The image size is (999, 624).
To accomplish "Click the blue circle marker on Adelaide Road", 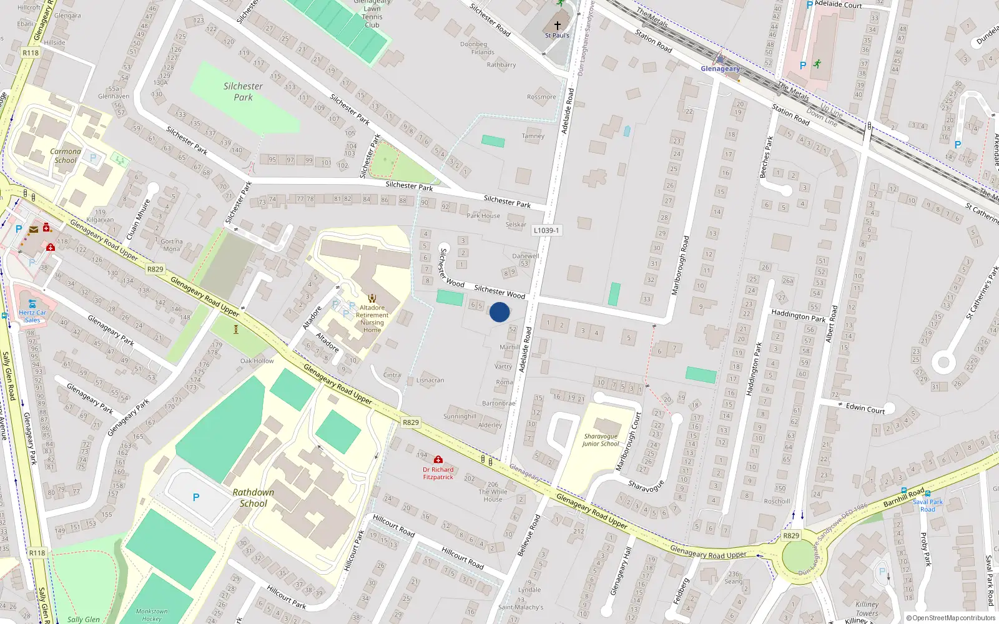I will click(x=499, y=312).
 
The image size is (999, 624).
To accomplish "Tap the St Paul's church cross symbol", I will click(x=557, y=26).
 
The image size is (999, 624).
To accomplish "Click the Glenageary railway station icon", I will click(x=721, y=59).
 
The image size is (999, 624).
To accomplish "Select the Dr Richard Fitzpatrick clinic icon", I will click(x=438, y=460).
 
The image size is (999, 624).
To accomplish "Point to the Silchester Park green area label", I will click(x=243, y=92).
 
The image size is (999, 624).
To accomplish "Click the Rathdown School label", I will click(x=253, y=498).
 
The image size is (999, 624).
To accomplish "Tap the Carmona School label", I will click(x=66, y=155).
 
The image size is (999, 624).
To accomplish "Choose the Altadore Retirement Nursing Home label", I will click(x=372, y=318).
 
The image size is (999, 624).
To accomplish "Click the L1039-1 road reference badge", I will click(x=546, y=230).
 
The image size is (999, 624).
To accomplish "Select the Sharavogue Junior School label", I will click(x=601, y=440).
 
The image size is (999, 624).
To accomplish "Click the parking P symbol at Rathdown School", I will click(x=196, y=497).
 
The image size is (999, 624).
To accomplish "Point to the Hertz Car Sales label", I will click(x=32, y=316).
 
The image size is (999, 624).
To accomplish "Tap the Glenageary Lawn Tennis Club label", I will click(x=372, y=12).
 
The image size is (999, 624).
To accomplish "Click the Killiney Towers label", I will click(x=867, y=608).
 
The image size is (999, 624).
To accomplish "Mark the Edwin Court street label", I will click(x=865, y=409).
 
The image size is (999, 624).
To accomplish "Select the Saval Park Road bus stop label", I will click(x=928, y=505).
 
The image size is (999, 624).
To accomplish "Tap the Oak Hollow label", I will click(x=257, y=361).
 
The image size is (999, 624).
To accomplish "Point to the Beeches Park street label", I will click(x=766, y=157).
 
